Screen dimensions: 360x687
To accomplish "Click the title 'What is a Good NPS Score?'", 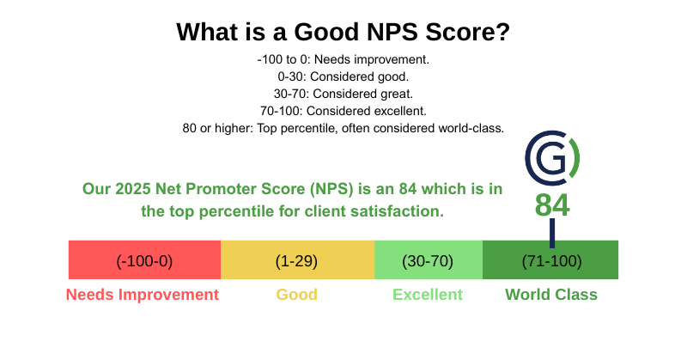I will [343, 33].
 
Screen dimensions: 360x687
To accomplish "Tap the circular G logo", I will [552, 159].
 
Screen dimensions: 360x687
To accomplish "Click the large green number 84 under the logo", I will [552, 205].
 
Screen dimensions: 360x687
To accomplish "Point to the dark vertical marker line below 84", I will [551, 231].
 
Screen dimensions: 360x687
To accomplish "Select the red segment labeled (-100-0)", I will [144, 260].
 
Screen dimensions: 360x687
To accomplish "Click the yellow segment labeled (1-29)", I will [297, 260].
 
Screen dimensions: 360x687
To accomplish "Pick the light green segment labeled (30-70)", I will [428, 260].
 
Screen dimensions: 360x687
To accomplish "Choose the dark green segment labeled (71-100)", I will [550, 260].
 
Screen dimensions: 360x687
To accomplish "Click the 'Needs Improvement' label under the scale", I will [143, 295].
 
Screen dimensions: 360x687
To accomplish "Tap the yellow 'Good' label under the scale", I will [296, 295].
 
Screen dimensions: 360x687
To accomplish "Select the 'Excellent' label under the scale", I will [428, 295].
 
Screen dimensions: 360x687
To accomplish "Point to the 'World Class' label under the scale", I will [551, 295].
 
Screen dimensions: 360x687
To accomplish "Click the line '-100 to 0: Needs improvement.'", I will [343, 60].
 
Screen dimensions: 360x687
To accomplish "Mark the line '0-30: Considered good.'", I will [343, 77].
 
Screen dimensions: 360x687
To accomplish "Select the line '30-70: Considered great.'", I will [343, 94].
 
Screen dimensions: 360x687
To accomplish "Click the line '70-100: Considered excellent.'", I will [343, 111].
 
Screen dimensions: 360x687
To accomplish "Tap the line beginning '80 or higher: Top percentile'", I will [343, 128].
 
